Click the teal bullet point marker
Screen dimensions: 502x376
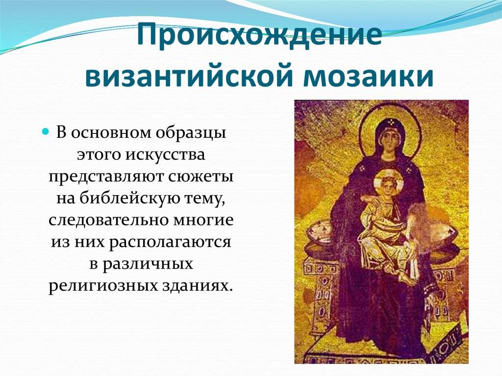(x=46, y=131)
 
